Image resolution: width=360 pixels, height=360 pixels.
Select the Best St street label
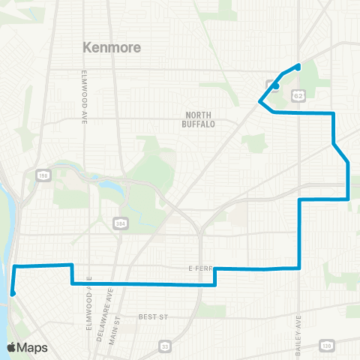coord(153,318)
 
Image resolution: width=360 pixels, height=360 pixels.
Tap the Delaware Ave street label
coord(98,301)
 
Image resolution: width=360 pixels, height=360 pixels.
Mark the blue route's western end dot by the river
coord(13,293)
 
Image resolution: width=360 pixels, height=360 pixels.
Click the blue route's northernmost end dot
coord(298,66)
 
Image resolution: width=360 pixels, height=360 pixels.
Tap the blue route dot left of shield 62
coord(277,85)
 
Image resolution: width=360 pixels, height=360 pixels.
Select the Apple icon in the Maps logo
coord(12,347)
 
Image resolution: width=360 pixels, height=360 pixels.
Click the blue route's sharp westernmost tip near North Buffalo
coord(259,100)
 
